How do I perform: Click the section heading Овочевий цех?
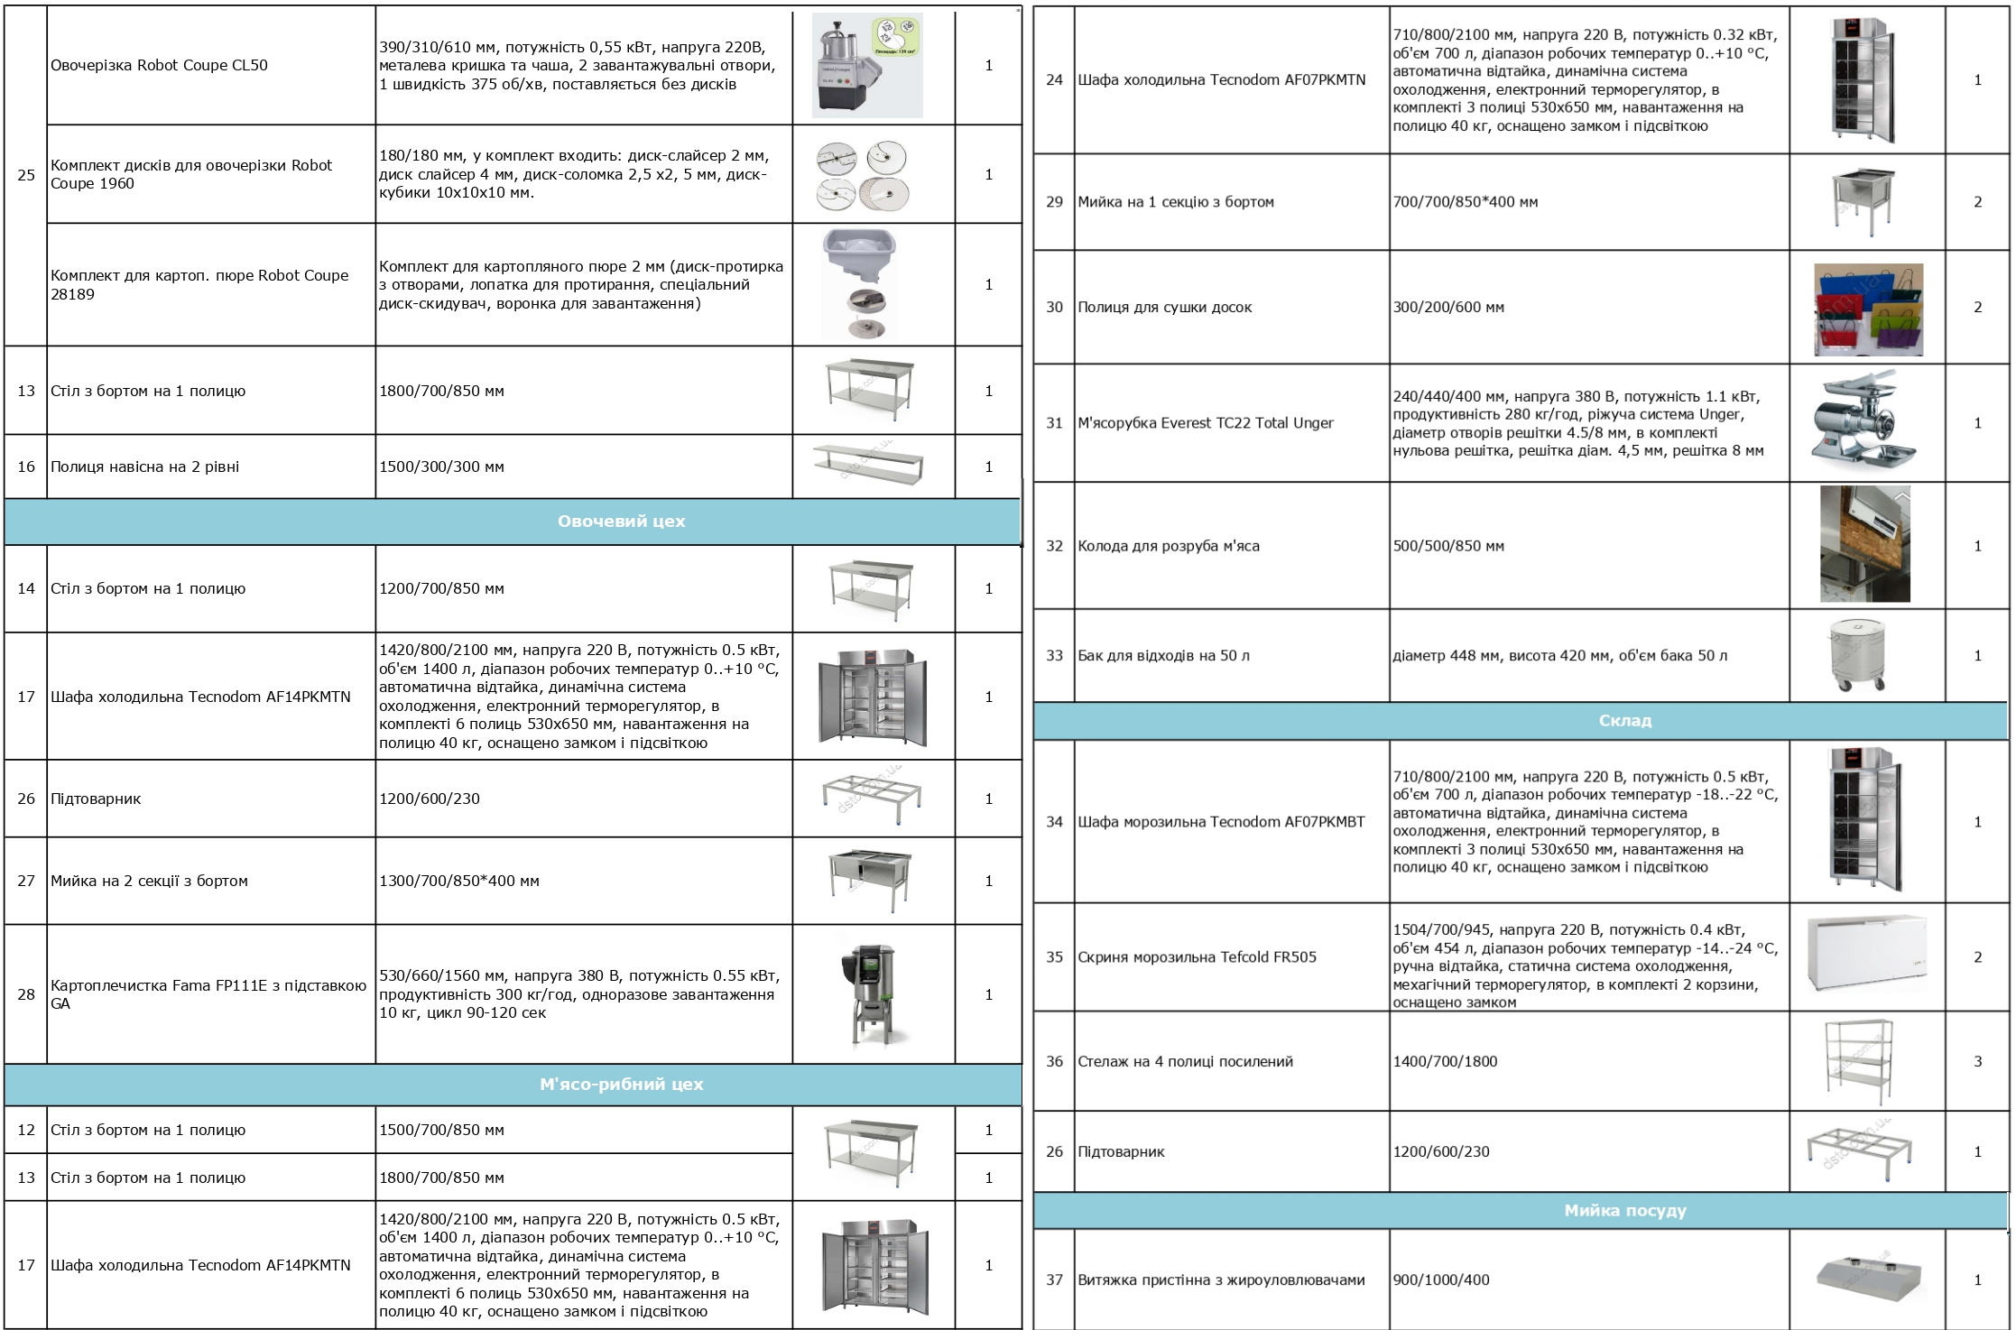click(621, 522)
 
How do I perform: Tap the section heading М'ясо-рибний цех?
click(621, 1085)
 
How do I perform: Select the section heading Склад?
click(1624, 721)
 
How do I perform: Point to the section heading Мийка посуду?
click(1624, 1211)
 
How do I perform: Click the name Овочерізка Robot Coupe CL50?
click(159, 65)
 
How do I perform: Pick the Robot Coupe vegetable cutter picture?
click(866, 65)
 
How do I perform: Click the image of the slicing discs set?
click(862, 175)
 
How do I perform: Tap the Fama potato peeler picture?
click(869, 994)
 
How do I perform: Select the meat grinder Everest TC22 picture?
click(1866, 423)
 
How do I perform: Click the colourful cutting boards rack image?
click(1868, 309)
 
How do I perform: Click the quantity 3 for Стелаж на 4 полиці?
click(1977, 1062)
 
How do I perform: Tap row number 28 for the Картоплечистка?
click(26, 994)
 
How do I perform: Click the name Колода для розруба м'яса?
click(1168, 546)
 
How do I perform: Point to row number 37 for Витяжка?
click(1054, 1279)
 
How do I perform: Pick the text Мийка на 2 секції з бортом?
click(149, 881)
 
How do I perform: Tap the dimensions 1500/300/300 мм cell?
click(441, 466)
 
